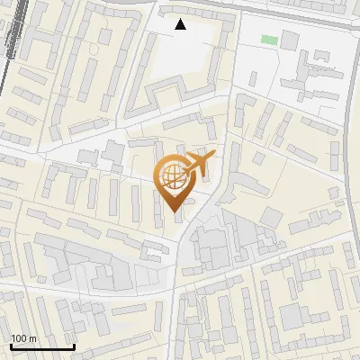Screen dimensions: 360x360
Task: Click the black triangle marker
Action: tap(181, 24)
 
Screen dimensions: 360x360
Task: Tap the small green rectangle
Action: tap(268, 39)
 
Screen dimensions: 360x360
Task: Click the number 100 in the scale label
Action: tap(19, 338)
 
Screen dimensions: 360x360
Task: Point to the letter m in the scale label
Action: tap(32, 338)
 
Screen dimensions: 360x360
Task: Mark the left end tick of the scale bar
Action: tap(10, 346)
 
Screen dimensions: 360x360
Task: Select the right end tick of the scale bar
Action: tap(74, 346)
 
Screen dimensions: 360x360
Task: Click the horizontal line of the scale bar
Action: tap(41, 347)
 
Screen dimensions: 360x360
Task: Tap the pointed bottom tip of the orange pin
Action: tap(174, 211)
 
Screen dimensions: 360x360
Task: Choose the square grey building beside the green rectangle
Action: tap(290, 40)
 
